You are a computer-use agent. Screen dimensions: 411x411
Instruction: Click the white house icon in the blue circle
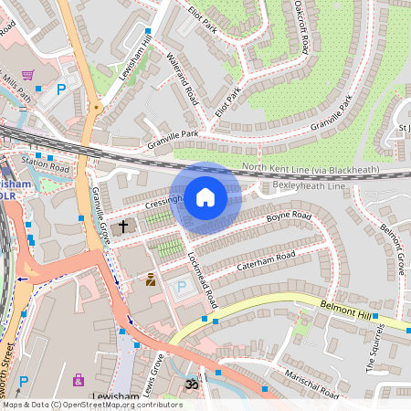(205, 197)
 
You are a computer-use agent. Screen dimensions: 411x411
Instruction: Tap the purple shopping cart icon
(28, 75)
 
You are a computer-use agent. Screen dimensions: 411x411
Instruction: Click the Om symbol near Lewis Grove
(191, 385)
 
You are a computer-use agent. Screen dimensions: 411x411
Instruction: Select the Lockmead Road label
(203, 278)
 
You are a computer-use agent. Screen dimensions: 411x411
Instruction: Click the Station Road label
(47, 167)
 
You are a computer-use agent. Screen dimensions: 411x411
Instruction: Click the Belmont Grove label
(392, 243)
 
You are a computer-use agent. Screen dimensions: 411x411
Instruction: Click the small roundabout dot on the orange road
(96, 108)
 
